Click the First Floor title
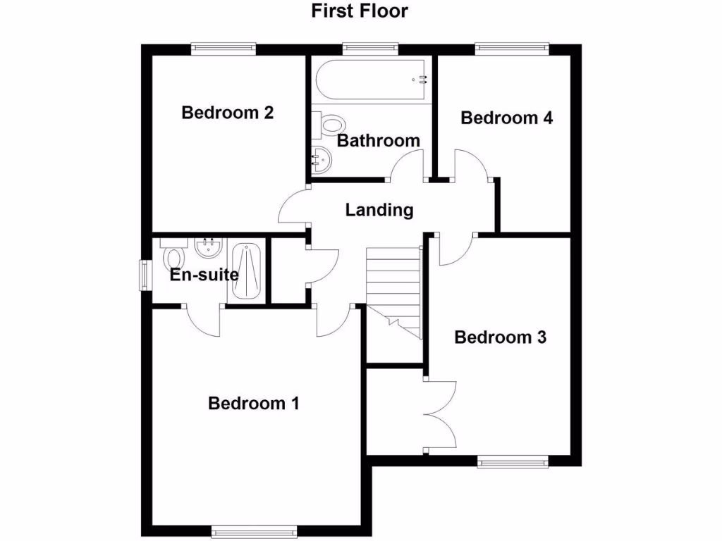tap(360, 11)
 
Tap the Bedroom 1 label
tap(254, 404)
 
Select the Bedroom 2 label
tap(227, 113)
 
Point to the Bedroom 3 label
tap(500, 337)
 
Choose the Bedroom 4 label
tap(506, 118)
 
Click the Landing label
tap(379, 210)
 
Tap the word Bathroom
tap(378, 141)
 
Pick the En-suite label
tap(204, 275)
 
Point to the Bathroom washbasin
tap(319, 160)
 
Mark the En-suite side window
tap(145, 275)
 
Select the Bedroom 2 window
tap(223, 48)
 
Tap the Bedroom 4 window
tap(511, 48)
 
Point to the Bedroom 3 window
tap(513, 461)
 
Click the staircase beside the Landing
tap(393, 289)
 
